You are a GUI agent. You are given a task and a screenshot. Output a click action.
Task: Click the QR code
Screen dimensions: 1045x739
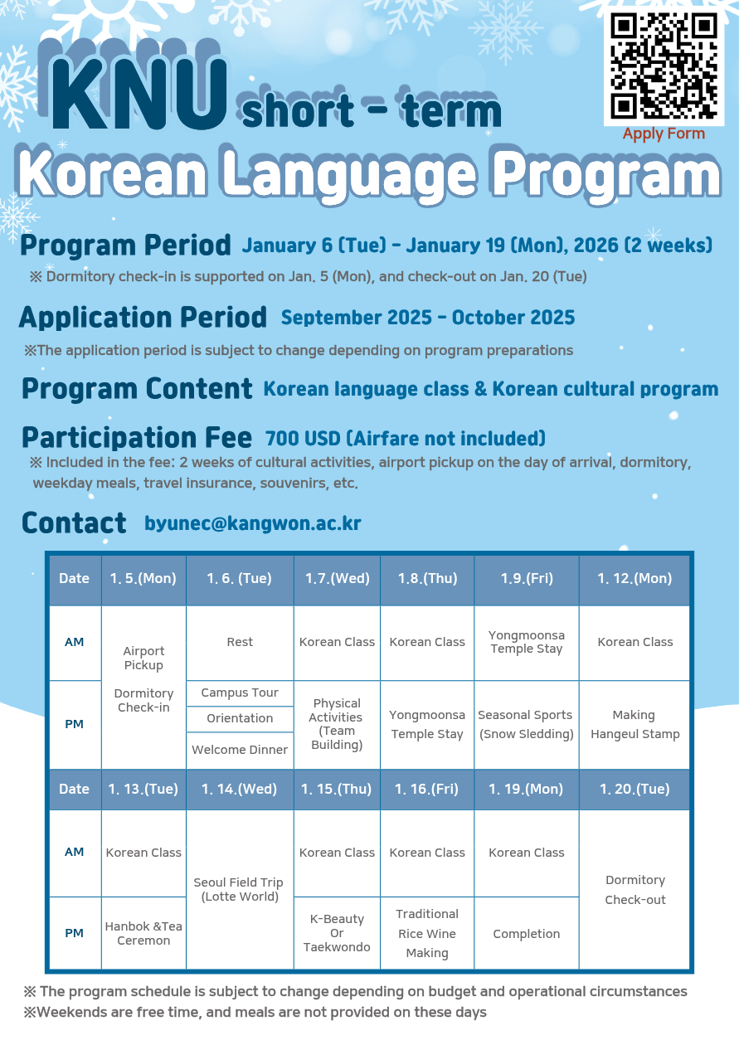[664, 66]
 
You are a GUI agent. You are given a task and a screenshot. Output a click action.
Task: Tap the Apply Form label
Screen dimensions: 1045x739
[664, 134]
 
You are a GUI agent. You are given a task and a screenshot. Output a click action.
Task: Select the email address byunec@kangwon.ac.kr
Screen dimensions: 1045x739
[252, 523]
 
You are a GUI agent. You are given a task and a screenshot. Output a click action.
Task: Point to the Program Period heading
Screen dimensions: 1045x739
[125, 245]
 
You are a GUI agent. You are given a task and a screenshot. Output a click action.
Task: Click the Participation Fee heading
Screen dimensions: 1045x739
[137, 437]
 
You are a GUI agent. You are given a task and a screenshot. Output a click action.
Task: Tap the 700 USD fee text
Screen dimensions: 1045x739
[405, 438]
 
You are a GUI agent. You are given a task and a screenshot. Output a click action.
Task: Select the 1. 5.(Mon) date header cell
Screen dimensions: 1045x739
[143, 579]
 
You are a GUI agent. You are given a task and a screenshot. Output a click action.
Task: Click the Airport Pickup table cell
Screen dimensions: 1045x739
[143, 659]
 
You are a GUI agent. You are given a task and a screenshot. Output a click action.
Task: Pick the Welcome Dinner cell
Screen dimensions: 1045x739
[240, 750]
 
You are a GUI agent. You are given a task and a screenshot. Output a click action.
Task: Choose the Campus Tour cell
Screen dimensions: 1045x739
[240, 693]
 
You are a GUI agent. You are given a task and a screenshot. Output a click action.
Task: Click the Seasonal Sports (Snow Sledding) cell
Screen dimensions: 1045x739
[526, 724]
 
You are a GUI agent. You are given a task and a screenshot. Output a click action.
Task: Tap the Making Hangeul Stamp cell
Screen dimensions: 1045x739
[634, 724]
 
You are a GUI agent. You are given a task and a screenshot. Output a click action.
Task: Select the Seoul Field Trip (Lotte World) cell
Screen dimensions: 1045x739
[240, 889]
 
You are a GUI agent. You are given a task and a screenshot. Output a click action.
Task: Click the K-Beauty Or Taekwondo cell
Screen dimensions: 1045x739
[337, 933]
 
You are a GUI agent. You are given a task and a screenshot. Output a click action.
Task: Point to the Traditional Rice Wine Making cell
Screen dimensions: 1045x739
[427, 933]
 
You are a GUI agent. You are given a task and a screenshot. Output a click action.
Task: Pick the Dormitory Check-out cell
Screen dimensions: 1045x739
[634, 889]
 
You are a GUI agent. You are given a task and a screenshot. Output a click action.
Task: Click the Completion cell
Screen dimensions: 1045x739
[526, 934]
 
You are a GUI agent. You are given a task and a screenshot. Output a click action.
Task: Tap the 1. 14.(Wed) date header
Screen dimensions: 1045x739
[240, 789]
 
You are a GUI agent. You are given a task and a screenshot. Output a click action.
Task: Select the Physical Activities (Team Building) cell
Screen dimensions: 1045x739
[336, 724]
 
